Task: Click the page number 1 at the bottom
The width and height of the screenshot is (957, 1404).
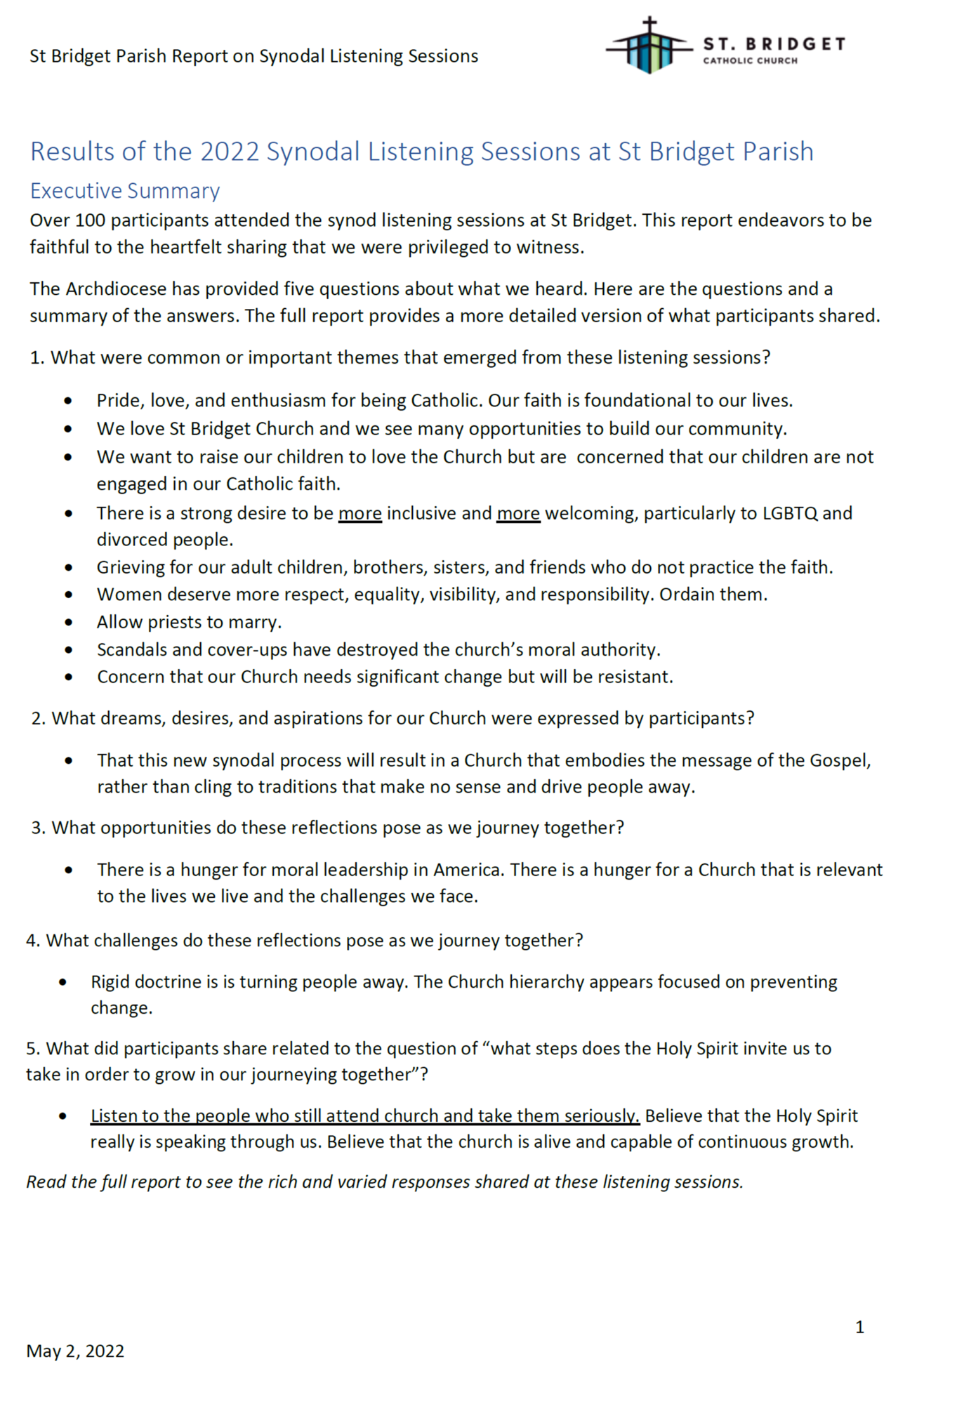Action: coord(859,1327)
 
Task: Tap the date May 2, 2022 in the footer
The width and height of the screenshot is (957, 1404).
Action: coord(75,1351)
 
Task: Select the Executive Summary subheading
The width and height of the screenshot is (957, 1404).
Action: coord(125,191)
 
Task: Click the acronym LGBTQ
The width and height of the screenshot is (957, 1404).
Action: coord(790,513)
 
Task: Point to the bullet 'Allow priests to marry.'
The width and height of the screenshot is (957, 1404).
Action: coord(189,622)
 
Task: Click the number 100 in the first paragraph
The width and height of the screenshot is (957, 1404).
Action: coord(90,220)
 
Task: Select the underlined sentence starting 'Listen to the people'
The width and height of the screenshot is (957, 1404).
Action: coord(364,1116)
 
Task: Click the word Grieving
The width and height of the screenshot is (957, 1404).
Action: coord(131,567)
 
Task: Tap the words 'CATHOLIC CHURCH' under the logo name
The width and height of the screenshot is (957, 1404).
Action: coord(750,61)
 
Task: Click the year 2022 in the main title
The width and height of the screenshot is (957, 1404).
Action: coord(230,152)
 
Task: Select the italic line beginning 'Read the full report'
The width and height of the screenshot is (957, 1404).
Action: coord(385,1182)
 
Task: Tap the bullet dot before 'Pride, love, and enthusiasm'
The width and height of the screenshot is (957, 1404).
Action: coord(68,401)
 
